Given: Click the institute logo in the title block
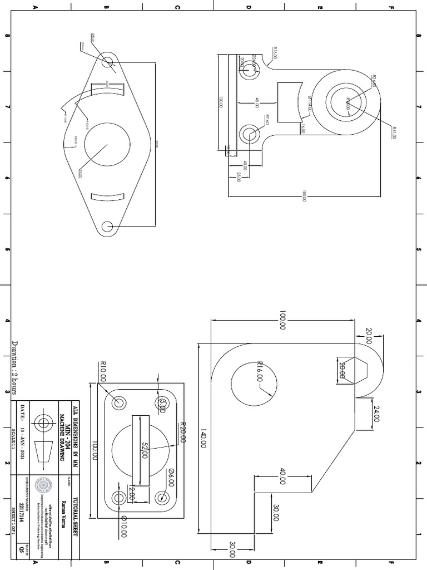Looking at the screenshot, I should coord(43,486).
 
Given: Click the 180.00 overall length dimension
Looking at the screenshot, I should coord(304,196).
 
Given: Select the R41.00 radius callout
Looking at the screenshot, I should coord(394,133).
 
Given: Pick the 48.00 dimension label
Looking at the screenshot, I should coord(257,102).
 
